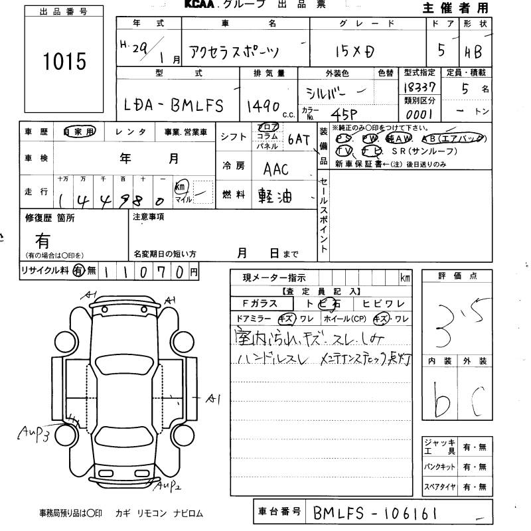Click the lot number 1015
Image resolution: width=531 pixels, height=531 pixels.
(64, 61)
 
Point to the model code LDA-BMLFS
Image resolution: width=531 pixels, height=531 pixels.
(175, 105)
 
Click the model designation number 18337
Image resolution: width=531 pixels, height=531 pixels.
(419, 87)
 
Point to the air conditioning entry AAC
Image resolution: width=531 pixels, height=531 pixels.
(276, 169)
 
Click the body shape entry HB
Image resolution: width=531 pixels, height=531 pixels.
(474, 51)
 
